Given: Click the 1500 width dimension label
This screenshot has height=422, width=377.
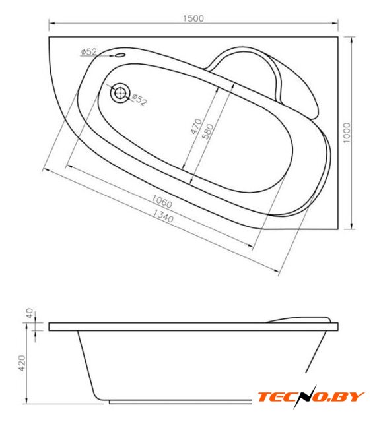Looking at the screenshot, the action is coord(193,18).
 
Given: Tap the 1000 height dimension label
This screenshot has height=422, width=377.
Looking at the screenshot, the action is coord(347,133).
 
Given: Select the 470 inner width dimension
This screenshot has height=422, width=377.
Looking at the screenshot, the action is coord(196,126).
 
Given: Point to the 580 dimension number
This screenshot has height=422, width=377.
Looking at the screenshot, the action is coord(207,132).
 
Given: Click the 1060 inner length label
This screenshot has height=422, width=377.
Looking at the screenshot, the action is coord(162,201).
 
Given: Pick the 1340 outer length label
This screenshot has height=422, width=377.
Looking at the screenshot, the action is coord(163,216).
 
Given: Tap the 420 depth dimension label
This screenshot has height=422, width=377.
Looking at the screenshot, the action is coord(22,363).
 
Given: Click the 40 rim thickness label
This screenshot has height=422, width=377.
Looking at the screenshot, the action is coord(29,313).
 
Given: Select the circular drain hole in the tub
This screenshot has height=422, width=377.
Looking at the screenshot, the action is coord(120,93).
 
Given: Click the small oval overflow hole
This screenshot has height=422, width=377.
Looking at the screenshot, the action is coord(120,55).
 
